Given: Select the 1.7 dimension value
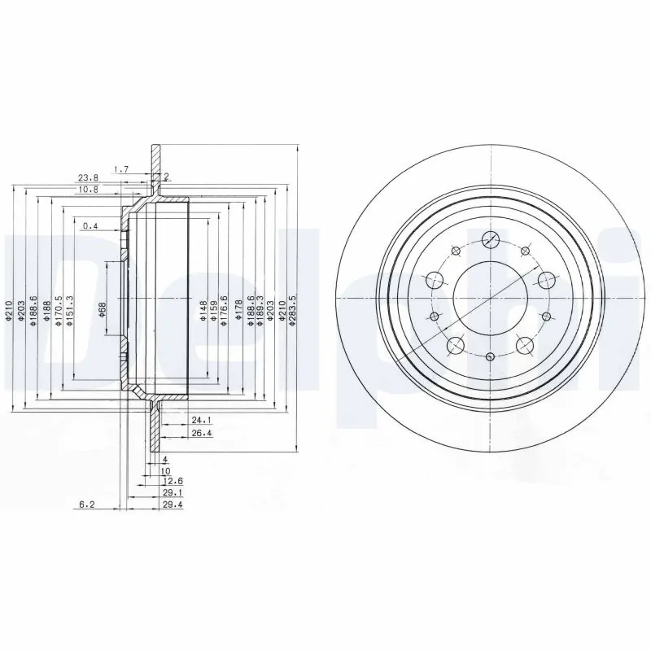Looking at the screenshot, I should click(120, 169).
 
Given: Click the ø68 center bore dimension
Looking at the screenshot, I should click(103, 309).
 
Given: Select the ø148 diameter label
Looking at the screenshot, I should click(202, 310).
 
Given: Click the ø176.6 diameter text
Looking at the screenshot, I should click(225, 311).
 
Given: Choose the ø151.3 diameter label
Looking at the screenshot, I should click(70, 311).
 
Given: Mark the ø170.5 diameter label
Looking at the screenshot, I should click(59, 311).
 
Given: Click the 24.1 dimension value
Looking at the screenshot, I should click(201, 421).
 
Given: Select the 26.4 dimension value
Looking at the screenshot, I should click(201, 433).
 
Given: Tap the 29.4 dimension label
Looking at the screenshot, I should click(171, 505).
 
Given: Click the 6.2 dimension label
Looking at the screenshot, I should click(87, 505).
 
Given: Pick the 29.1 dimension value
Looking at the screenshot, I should click(171, 493).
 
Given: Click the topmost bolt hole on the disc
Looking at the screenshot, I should click(491, 239).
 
